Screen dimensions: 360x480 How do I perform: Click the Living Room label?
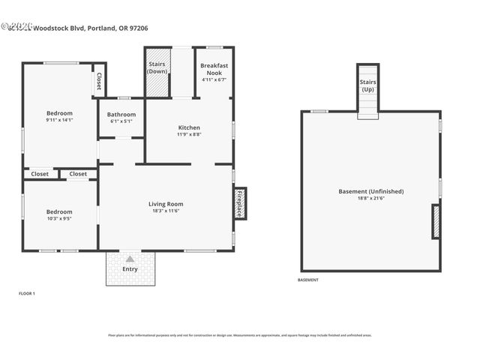pos(166,204)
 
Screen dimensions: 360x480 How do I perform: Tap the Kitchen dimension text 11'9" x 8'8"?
pos(188,135)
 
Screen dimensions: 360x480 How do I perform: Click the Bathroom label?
pos(121,115)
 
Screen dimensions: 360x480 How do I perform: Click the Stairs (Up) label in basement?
pos(367,85)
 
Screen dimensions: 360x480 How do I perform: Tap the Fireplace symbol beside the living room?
pos(240,203)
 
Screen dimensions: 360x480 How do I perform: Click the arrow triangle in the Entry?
pos(130,259)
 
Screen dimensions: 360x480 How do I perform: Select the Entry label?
pos(130,268)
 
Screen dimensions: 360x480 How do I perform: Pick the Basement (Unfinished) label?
pos(370,191)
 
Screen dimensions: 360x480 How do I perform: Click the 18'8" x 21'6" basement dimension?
pos(370,199)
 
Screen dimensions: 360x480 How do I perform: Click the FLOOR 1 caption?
pos(27,292)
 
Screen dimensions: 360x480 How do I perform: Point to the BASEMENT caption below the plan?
pos(308,280)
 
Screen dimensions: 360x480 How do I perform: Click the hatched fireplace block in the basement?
pos(436,222)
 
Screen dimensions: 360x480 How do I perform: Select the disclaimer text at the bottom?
pos(239,334)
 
